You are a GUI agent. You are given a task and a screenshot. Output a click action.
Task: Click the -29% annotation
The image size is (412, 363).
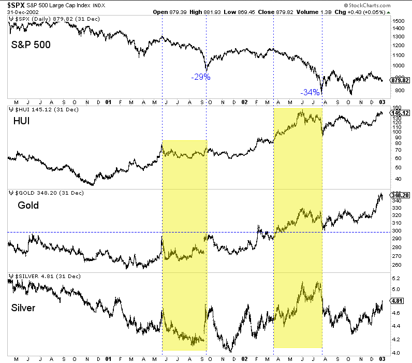click(201, 77)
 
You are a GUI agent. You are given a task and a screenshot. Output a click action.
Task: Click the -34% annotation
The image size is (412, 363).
click(310, 93)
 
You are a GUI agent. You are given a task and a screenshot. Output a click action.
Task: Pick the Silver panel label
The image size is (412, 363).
click(23, 308)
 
